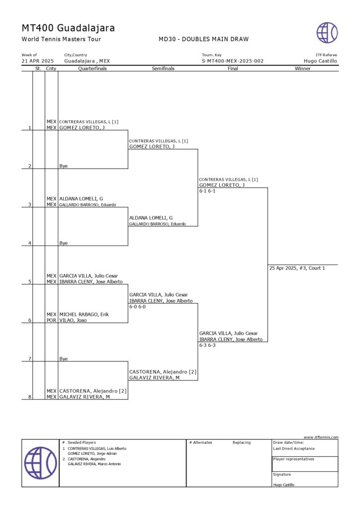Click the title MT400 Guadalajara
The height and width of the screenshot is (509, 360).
68,28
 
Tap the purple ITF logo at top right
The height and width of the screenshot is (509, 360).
327,33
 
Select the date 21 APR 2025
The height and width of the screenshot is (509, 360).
38,61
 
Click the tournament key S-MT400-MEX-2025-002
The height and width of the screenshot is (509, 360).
232,61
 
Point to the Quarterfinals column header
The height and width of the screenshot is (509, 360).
92,69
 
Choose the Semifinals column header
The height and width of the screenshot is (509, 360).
163,69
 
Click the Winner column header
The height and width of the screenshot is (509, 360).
302,69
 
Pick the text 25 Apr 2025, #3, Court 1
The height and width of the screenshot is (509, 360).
297,268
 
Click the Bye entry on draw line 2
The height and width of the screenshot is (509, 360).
64,166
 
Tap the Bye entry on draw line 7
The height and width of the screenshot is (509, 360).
64,358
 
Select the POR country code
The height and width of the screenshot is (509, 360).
51,321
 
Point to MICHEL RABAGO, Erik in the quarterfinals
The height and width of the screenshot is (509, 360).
84,315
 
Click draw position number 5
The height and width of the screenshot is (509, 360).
30,282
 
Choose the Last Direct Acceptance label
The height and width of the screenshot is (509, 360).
294,448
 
